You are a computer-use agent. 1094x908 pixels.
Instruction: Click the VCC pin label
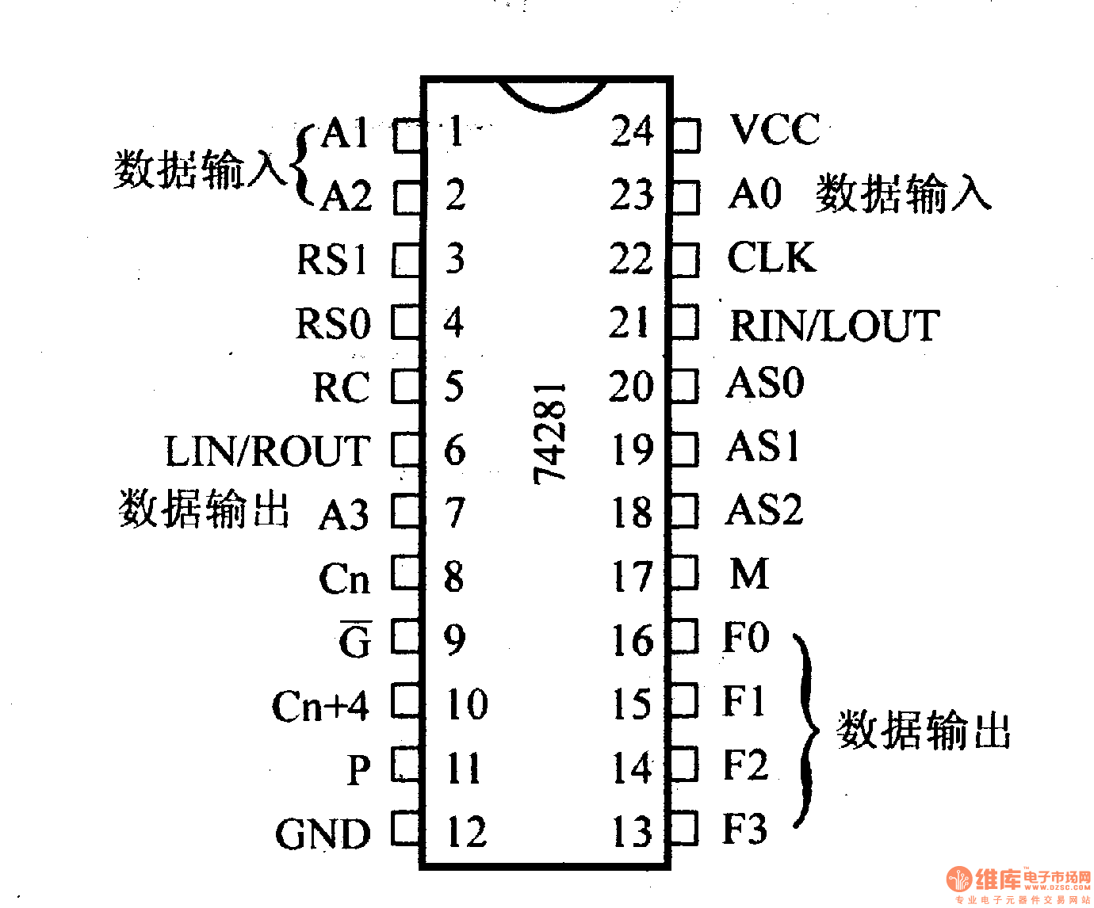coord(775,130)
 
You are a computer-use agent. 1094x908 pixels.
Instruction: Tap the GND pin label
coord(323,834)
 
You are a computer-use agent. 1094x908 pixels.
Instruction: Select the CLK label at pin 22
coord(771,258)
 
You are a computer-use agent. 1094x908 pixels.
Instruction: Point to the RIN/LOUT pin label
coord(834,326)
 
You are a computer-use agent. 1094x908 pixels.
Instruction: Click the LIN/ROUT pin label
coord(267,451)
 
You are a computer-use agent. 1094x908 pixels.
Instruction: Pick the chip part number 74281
coord(550,433)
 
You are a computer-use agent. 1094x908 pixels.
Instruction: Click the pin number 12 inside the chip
coord(466,832)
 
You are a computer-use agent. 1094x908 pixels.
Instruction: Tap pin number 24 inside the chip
coord(632,132)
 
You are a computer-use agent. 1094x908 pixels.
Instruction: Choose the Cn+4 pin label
coord(320,705)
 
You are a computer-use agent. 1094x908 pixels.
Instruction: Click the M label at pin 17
coord(749,574)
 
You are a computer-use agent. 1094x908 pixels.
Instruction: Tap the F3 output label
coord(745,829)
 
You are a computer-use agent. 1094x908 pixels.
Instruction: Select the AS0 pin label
coord(765,383)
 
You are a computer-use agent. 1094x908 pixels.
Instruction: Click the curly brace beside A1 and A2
coord(302,165)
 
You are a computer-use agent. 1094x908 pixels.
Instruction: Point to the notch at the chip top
coord(553,94)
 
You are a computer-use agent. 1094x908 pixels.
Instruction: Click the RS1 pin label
coord(332,260)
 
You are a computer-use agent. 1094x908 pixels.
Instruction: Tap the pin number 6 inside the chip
coord(454,450)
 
